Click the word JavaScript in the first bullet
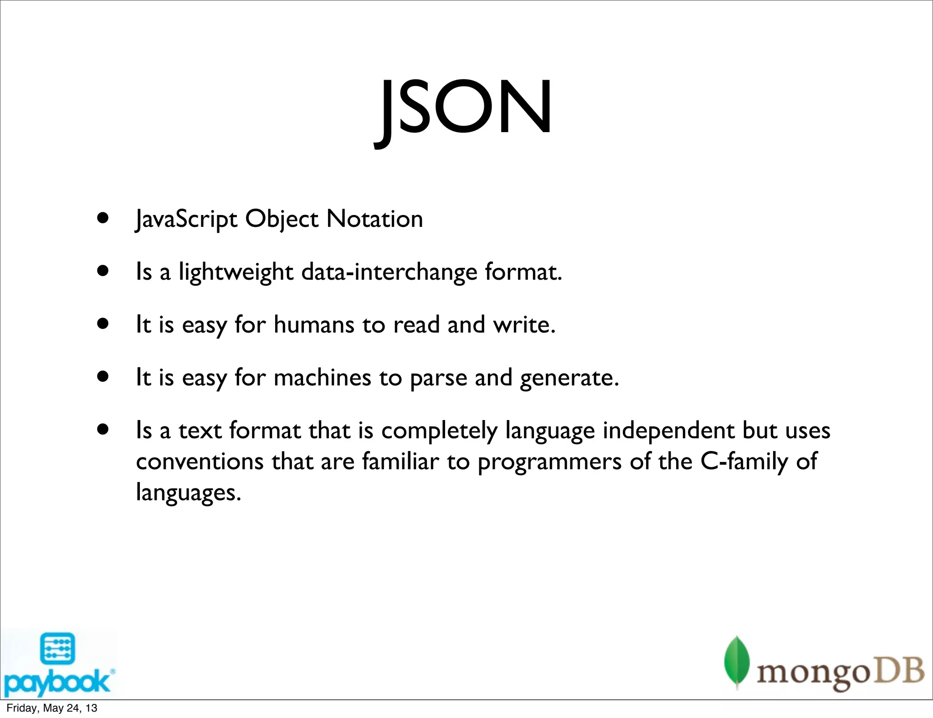(186, 219)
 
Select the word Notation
(374, 219)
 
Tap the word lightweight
(236, 272)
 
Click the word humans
(314, 325)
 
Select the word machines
(323, 378)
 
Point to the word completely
(439, 431)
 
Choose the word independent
(668, 431)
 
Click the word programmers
(549, 462)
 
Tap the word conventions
(200, 462)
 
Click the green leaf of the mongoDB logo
(737, 660)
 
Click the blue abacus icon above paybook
(57, 649)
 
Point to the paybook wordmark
(57, 682)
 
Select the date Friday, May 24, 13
(51, 708)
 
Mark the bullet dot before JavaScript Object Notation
(103, 218)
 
